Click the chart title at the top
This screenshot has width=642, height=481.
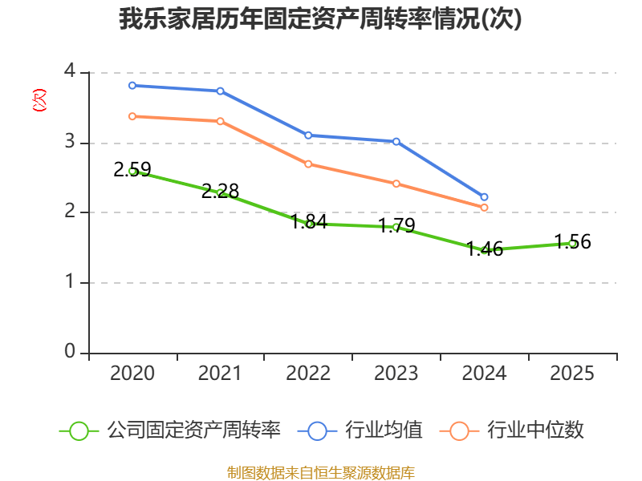point(320,19)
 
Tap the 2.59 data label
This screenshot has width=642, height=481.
point(132,169)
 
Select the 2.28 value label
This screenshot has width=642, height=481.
point(220,191)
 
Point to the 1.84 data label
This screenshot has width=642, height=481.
point(309,221)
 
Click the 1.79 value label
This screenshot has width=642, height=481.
point(396,225)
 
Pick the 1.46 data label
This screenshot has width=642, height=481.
point(485,249)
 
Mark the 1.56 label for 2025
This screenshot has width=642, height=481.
point(573,241)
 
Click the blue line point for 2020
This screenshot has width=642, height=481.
point(132,86)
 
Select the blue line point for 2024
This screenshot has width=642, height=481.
point(485,196)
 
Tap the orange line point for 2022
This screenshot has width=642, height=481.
point(308,164)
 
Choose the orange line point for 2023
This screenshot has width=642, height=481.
point(396,184)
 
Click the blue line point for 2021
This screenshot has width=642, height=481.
point(220,91)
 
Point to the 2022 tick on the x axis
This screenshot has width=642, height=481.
point(308,373)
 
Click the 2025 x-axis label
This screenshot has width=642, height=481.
point(573,373)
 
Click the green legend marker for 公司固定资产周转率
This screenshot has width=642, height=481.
point(79,430)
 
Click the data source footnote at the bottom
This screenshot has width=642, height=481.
point(320,472)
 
